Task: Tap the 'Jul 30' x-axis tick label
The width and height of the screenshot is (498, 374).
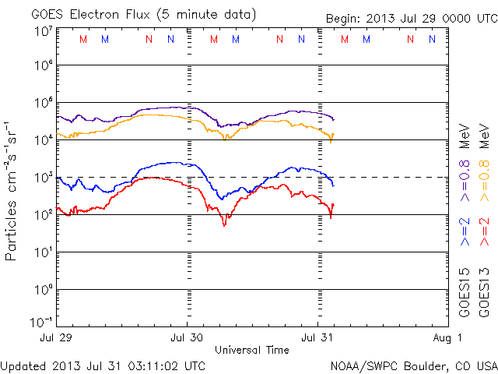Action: (187, 338)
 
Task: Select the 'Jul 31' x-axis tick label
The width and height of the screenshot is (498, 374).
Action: (317, 338)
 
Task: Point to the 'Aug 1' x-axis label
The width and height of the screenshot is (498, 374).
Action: (448, 338)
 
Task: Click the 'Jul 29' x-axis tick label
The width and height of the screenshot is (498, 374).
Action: (57, 338)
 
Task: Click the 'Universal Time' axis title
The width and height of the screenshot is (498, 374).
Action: (252, 350)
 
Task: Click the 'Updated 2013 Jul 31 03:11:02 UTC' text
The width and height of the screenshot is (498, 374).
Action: (103, 365)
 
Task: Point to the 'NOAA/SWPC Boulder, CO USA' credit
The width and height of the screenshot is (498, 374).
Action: (412, 365)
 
